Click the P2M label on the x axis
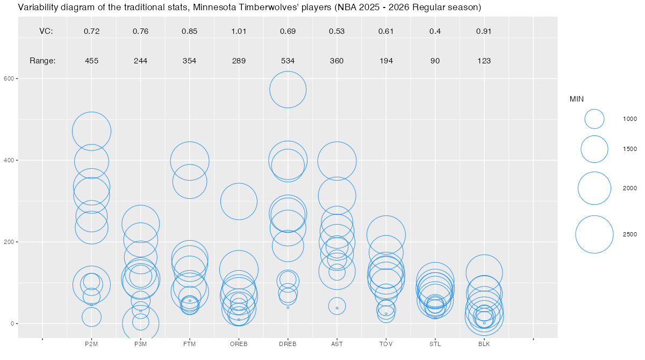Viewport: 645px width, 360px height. (91, 344)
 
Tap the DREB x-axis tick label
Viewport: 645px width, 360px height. (288, 344)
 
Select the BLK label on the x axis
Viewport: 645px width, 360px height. (484, 344)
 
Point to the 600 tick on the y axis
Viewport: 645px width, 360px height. (9, 78)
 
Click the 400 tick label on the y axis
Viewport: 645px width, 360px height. (9, 160)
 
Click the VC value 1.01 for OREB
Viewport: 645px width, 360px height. (239, 31)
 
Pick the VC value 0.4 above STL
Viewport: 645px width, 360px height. (435, 31)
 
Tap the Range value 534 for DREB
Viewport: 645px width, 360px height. (288, 61)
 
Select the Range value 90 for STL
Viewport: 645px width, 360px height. (435, 61)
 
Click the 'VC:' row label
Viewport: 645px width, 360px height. (46, 31)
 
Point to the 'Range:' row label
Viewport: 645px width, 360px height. (42, 61)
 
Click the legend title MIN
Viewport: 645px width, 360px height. (577, 99)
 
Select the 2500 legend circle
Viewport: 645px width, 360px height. (594, 234)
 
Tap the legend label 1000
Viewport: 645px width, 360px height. (629, 119)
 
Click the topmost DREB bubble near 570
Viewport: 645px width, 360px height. (288, 90)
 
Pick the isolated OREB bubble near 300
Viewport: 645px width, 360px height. (239, 201)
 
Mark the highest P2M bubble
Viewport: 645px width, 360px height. (91, 131)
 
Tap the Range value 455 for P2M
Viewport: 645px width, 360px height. (91, 61)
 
